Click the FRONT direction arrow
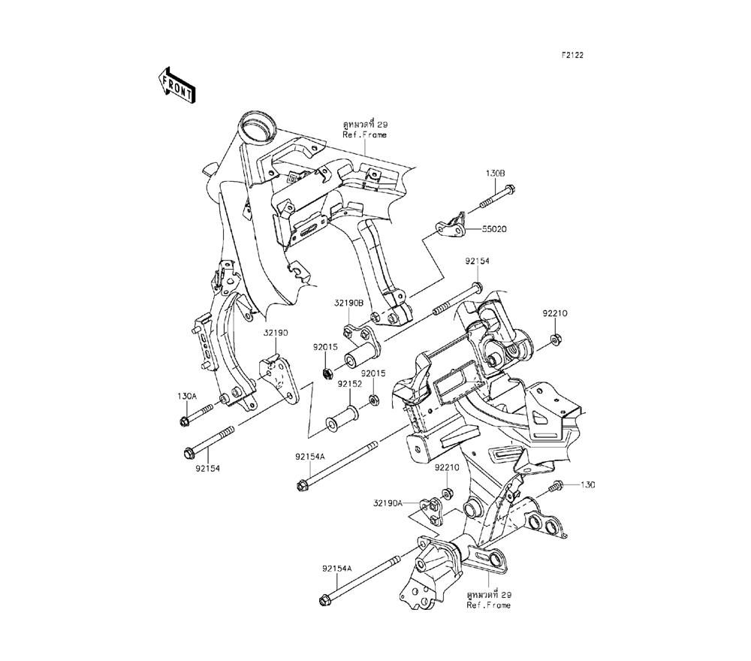click(177, 83)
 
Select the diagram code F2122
click(572, 55)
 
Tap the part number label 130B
click(495, 173)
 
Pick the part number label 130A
click(187, 396)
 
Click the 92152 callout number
click(349, 383)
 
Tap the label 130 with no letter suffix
click(587, 484)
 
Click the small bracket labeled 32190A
click(431, 511)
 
